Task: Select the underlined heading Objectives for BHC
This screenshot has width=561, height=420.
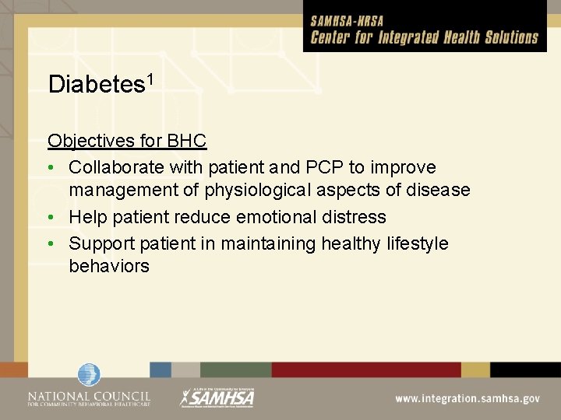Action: click(x=127, y=142)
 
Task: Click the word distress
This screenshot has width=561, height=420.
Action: click(x=356, y=216)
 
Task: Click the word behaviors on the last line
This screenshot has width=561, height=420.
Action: click(x=109, y=266)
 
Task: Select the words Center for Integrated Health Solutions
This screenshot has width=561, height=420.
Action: click(x=425, y=37)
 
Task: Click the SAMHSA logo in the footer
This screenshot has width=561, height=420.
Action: click(x=217, y=397)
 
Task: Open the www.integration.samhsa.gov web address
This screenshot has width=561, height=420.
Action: click(x=467, y=398)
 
